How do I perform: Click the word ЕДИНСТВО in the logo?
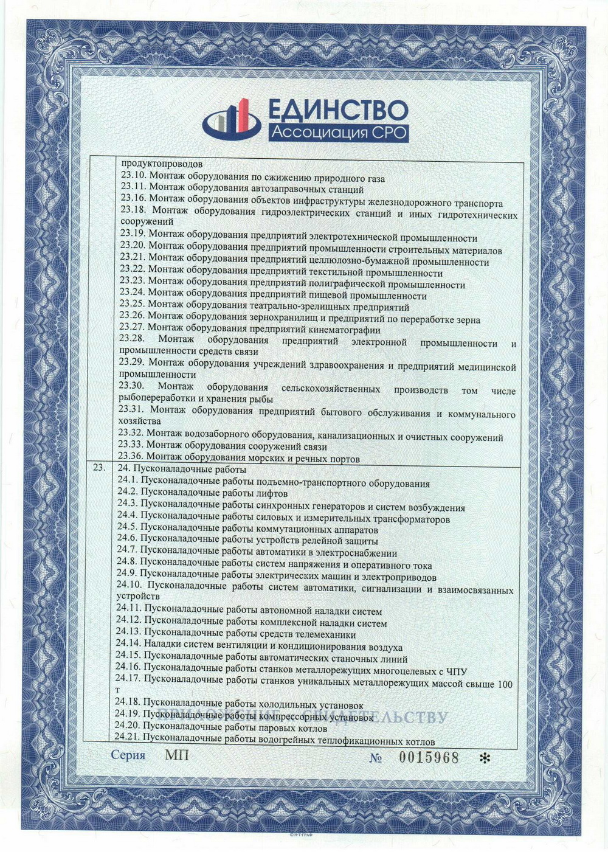pyautogui.click(x=337, y=111)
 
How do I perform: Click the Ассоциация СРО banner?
pyautogui.click(x=337, y=132)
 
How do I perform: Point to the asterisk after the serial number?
pyautogui.click(x=485, y=758)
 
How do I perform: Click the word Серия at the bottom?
pyautogui.click(x=128, y=755)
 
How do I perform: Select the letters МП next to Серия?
pyautogui.click(x=177, y=755)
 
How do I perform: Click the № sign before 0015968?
pyautogui.click(x=376, y=758)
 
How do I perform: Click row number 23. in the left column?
pyautogui.click(x=99, y=468)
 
